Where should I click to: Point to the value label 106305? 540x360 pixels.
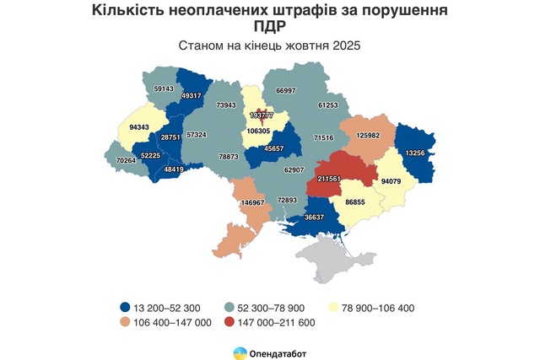tap(260, 132)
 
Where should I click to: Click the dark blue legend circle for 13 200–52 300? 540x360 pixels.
tap(125, 308)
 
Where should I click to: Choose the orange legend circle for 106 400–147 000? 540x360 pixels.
tap(125, 322)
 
